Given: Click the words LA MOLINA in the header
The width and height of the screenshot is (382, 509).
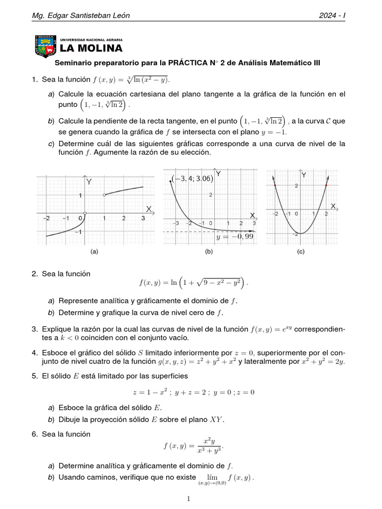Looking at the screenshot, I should click(91, 48).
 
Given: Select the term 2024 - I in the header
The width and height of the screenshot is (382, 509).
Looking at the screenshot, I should click(332, 16).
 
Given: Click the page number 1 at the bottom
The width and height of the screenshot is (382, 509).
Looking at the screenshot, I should click(189, 499).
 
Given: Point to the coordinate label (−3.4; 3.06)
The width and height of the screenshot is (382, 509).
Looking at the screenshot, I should click(192, 178).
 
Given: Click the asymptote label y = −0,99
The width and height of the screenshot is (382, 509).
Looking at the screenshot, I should click(235, 237).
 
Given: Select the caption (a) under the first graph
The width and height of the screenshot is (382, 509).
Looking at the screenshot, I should click(94, 252).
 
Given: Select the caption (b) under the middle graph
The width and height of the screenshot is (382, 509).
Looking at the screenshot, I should click(209, 252).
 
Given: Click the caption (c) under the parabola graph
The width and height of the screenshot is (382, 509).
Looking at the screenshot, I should click(300, 252).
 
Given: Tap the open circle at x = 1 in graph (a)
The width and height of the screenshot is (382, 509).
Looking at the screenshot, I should click(103, 195).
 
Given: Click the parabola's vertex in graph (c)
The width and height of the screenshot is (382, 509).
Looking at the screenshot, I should click(300, 233).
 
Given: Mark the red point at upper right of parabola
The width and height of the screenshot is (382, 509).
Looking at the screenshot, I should click(326, 185).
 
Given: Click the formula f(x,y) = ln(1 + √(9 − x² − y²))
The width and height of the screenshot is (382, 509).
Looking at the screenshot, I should click(193, 283).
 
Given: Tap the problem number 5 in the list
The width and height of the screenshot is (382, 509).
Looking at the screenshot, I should click(35, 376).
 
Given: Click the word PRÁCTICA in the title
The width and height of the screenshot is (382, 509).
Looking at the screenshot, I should click(189, 63).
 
